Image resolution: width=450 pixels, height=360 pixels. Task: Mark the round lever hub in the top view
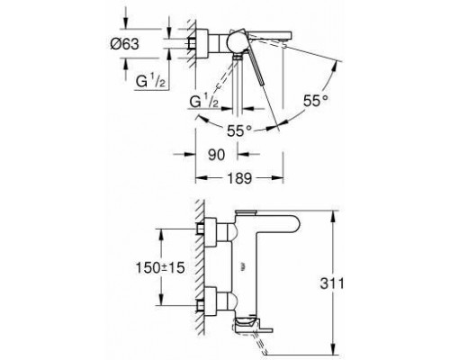238,40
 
